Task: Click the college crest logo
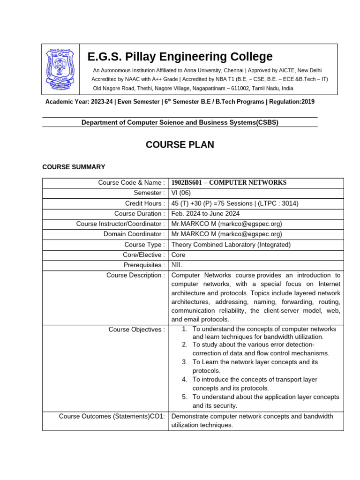click(60, 69)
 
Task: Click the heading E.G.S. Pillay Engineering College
click(180, 57)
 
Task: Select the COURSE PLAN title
click(180, 145)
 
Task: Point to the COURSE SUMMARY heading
click(74, 167)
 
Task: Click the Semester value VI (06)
click(181, 193)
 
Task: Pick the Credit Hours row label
click(145, 203)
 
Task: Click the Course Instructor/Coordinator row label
click(120, 224)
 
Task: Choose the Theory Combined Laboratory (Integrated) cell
click(231, 245)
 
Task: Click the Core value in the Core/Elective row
click(179, 255)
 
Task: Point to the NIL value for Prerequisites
click(178, 265)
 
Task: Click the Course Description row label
click(135, 275)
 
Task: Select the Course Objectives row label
click(136, 330)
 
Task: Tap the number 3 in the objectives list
click(185, 362)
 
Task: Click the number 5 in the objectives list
click(185, 397)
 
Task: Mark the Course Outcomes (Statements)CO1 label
click(112, 416)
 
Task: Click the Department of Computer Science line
click(180, 122)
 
